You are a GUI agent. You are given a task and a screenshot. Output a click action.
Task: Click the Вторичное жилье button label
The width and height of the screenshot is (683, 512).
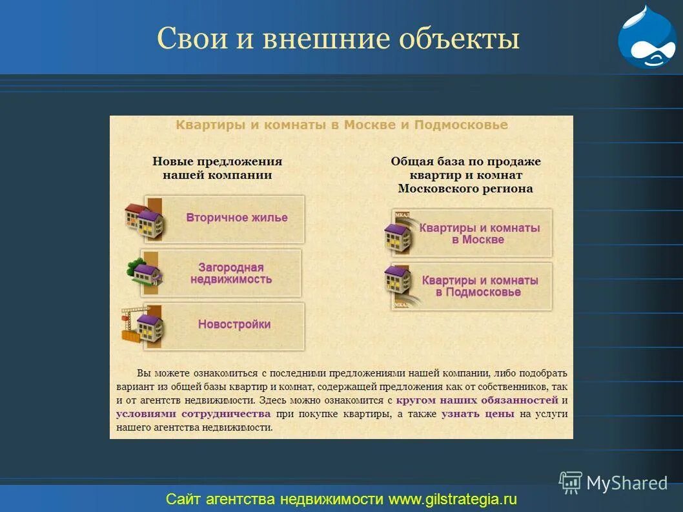pos(236,218)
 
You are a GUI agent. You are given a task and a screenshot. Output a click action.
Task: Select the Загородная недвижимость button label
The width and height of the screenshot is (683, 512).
pos(230,273)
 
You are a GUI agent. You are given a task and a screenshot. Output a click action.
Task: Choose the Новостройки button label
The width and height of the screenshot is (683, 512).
pos(234,324)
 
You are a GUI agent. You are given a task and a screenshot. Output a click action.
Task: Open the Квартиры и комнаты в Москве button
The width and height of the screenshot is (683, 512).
pos(479,233)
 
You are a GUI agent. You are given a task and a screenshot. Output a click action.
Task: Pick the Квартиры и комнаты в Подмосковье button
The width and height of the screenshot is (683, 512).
pos(479,286)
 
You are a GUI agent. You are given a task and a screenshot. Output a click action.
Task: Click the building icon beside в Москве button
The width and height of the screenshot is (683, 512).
pos(399,233)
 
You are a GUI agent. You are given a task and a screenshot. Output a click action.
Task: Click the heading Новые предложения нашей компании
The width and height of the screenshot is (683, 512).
pos(217,168)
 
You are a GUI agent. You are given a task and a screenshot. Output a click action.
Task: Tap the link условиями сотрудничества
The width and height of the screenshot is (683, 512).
pos(193,414)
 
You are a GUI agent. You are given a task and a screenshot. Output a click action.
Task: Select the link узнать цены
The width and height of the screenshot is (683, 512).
pos(478,414)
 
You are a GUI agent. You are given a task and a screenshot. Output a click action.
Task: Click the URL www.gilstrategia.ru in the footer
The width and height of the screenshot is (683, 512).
pos(453,499)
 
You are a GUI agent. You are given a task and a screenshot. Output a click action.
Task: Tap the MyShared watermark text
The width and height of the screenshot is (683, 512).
pos(626,483)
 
